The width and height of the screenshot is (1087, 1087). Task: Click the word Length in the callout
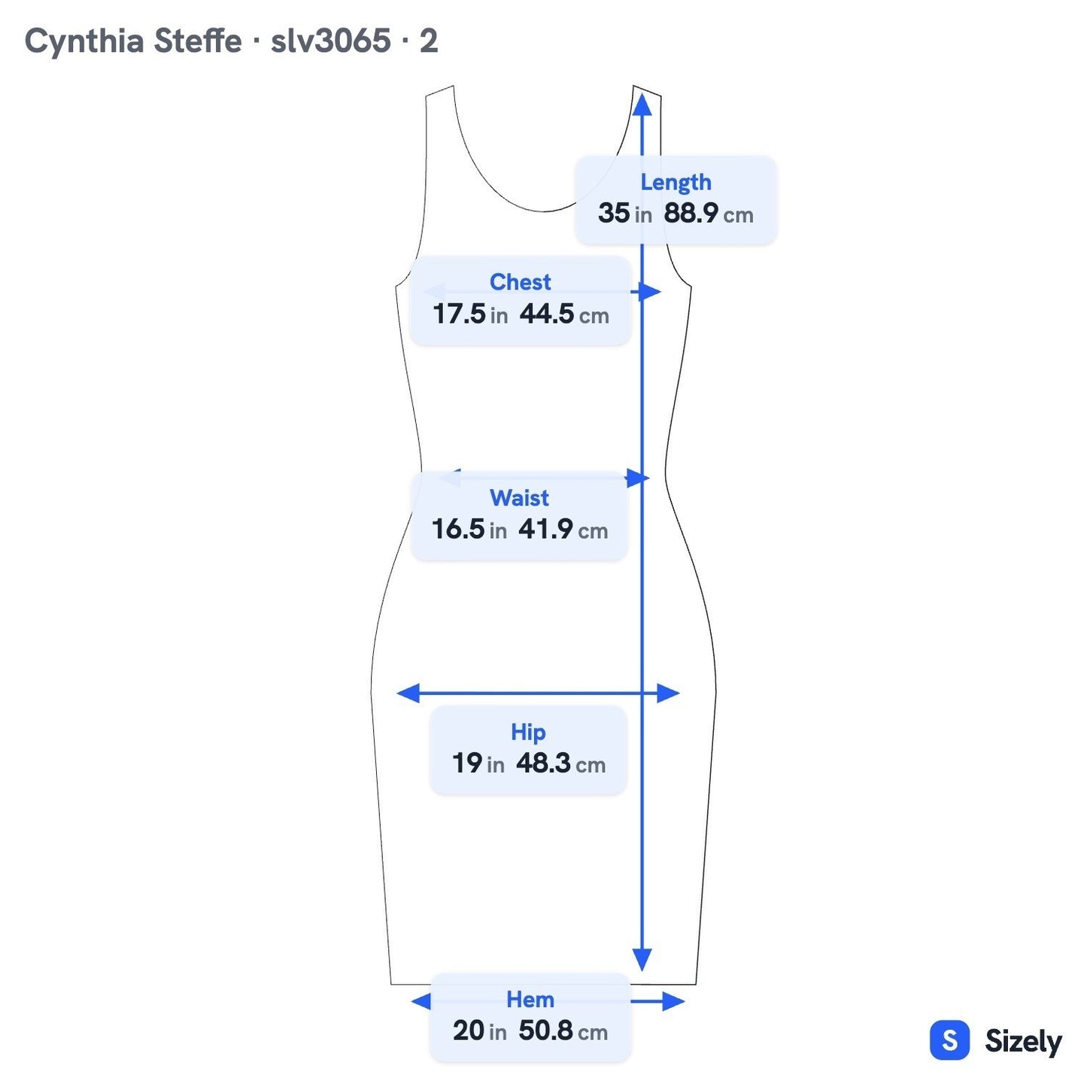point(676,182)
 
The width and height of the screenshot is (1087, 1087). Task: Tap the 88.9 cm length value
point(708,213)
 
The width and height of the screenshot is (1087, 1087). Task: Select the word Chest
point(520,282)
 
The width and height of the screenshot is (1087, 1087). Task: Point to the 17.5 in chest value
point(470,314)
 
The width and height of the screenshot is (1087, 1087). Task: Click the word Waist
point(519,497)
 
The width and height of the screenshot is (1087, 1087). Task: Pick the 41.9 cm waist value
point(563,530)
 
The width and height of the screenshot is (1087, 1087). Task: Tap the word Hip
point(528,732)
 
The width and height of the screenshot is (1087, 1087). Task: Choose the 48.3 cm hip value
point(560,764)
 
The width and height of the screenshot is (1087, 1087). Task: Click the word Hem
point(530,999)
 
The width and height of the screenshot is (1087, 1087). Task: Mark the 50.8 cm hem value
point(563,1031)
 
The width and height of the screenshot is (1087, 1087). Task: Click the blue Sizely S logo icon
point(949,1040)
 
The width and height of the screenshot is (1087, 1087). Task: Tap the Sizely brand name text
point(1023,1041)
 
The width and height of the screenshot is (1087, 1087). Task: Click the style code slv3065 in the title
point(330,41)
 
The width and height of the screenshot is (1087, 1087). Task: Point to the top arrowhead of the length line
point(642,105)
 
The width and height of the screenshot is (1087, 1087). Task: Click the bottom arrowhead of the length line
point(642,960)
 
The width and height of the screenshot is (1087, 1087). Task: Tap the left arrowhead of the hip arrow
point(408,693)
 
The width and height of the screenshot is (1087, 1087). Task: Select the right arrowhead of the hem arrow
point(673,1001)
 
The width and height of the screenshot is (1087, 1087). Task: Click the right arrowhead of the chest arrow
point(650,292)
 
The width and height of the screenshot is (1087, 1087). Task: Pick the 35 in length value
point(624,213)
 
